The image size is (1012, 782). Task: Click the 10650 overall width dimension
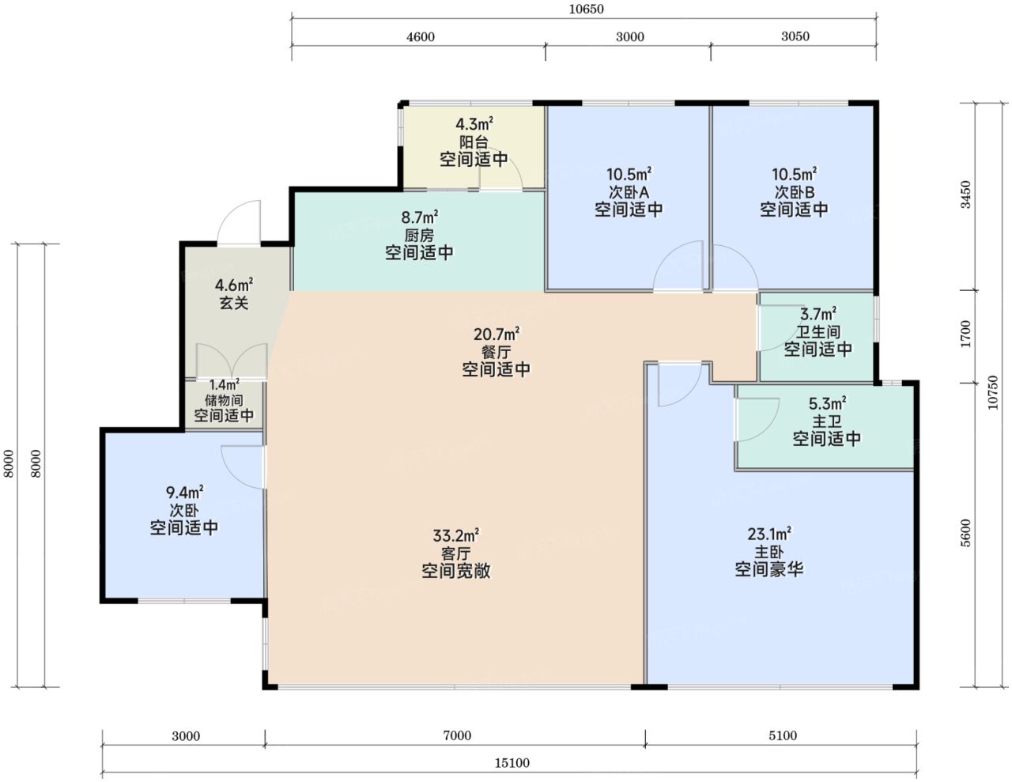tap(586, 9)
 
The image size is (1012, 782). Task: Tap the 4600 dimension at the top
tap(421, 37)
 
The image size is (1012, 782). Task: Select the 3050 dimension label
tap(795, 36)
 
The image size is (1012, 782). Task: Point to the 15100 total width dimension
tap(512, 763)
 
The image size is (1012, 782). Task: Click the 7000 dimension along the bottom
tap(457, 735)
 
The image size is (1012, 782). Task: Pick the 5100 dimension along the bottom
tap(783, 735)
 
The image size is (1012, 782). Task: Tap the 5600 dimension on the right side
tap(965, 533)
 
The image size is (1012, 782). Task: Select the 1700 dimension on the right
tap(965, 334)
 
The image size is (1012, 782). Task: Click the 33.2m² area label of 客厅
tap(456, 535)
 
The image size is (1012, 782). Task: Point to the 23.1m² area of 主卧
tap(769, 534)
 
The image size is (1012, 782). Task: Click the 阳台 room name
tap(474, 142)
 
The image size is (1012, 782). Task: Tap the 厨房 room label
tap(419, 235)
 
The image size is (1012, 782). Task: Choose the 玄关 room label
tap(234, 303)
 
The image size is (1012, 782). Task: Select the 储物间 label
tap(224, 399)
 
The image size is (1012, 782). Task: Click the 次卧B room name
tap(794, 192)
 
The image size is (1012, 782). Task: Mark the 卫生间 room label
tap(818, 331)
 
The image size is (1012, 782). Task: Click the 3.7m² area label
tap(818, 314)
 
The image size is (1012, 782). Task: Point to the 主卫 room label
tap(827, 421)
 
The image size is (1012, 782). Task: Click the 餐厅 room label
tap(496, 352)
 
